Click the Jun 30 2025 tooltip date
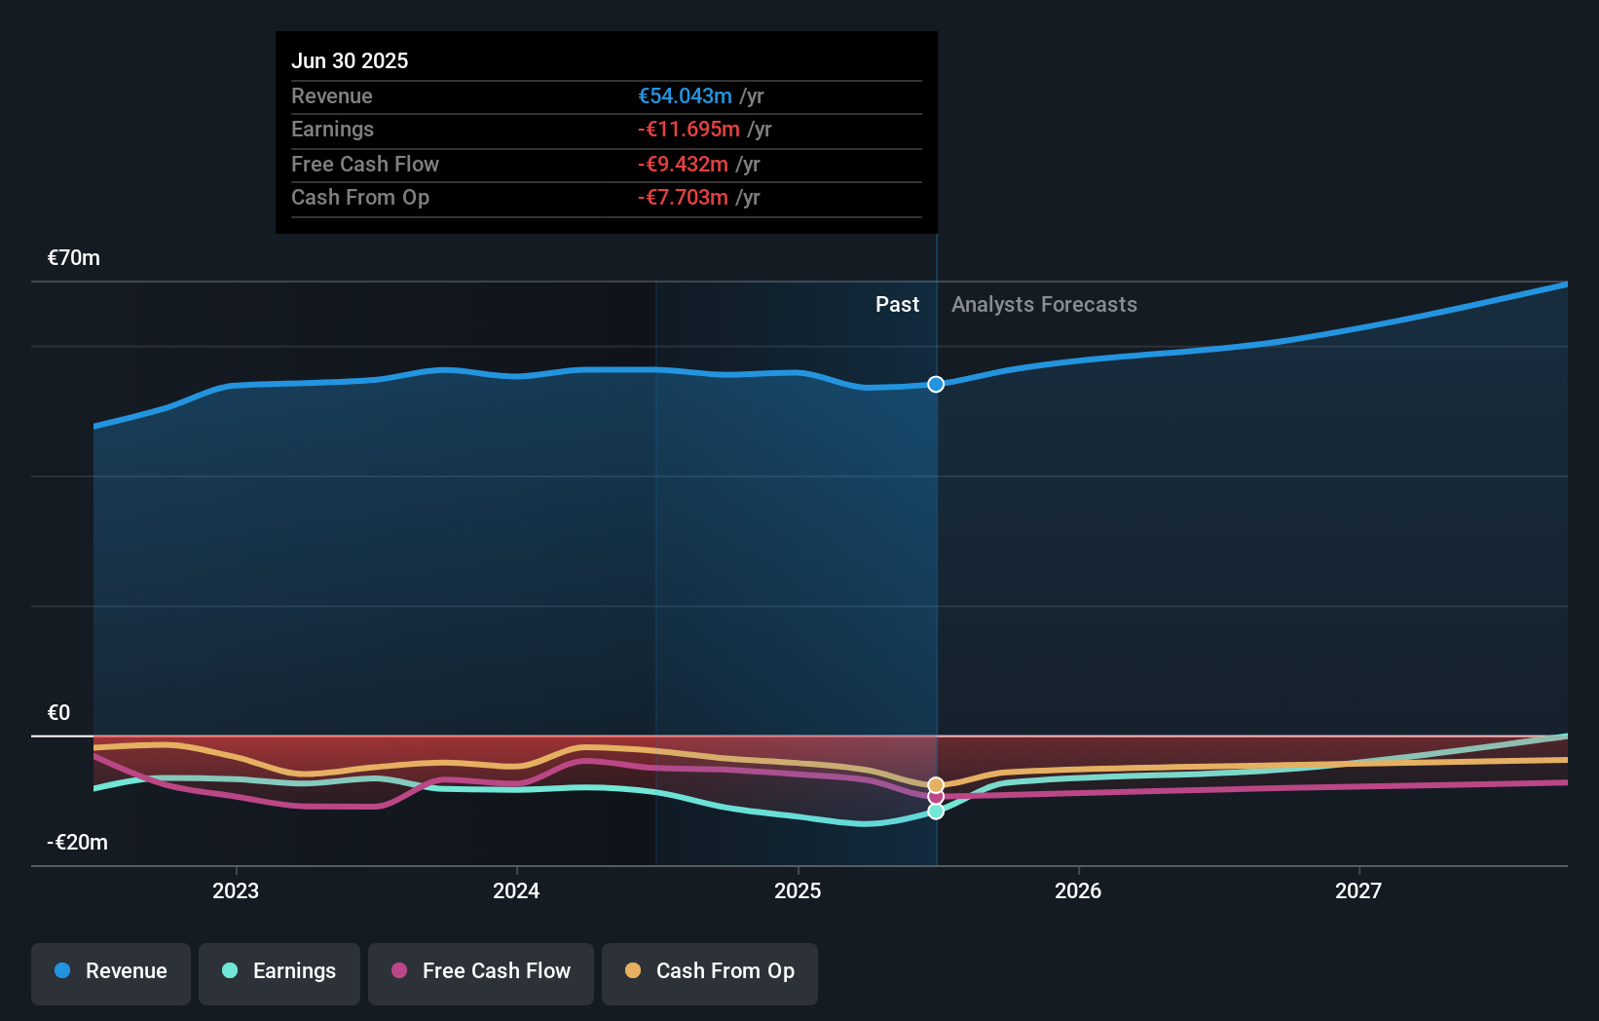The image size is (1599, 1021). point(350,60)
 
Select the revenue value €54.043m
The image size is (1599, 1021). point(685,95)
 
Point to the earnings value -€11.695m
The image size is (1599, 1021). point(688,130)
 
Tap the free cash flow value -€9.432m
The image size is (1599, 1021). point(683,164)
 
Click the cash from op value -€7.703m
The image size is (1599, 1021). point(683,198)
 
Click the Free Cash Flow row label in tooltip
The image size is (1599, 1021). point(365,164)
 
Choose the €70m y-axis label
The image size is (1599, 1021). point(74,258)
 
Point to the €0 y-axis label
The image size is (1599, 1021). point(59,713)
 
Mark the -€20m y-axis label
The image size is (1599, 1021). point(78,843)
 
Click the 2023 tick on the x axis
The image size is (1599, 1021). point(236,890)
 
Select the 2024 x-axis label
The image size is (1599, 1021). point(516,890)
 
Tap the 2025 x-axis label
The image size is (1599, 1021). point(798,890)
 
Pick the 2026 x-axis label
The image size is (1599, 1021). point(1078,890)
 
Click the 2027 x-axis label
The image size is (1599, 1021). point(1358,890)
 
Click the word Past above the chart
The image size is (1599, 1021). point(897,305)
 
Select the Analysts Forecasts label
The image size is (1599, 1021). point(1044,305)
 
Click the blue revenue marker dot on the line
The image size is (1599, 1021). point(936,385)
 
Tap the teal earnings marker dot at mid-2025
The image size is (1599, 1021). point(936,812)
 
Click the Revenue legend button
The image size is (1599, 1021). point(111,971)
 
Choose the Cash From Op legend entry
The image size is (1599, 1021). point(710,971)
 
